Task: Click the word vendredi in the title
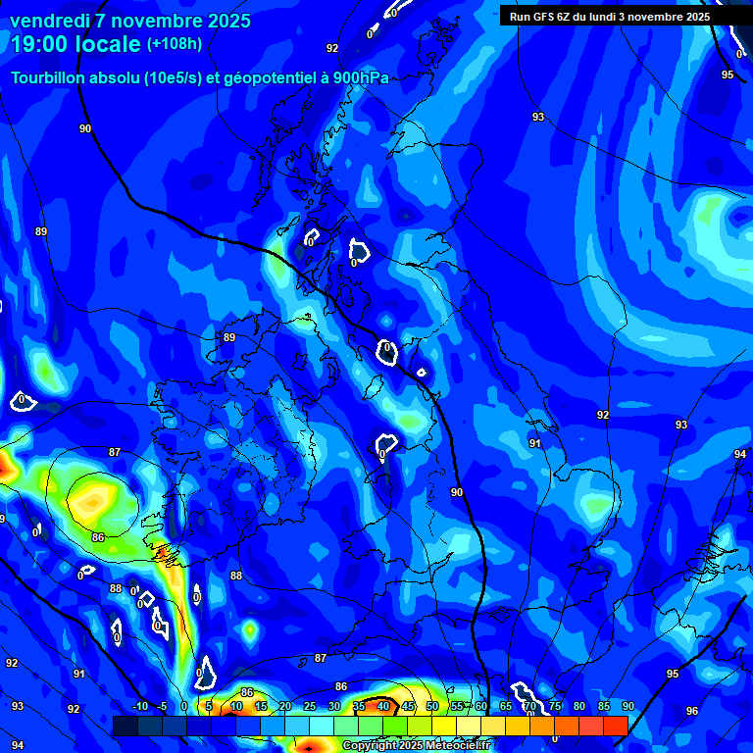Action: point(49,21)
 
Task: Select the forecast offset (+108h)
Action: point(175,44)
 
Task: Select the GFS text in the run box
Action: point(549,16)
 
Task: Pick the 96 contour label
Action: point(692,711)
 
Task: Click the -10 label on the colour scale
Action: point(139,707)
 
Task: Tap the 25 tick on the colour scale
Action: point(310,707)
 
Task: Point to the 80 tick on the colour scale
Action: point(579,707)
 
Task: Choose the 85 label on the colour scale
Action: point(604,707)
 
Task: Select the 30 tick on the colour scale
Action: point(334,707)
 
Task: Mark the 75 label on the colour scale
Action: point(555,707)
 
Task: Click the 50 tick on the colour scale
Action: point(432,707)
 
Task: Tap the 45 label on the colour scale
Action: point(408,707)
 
